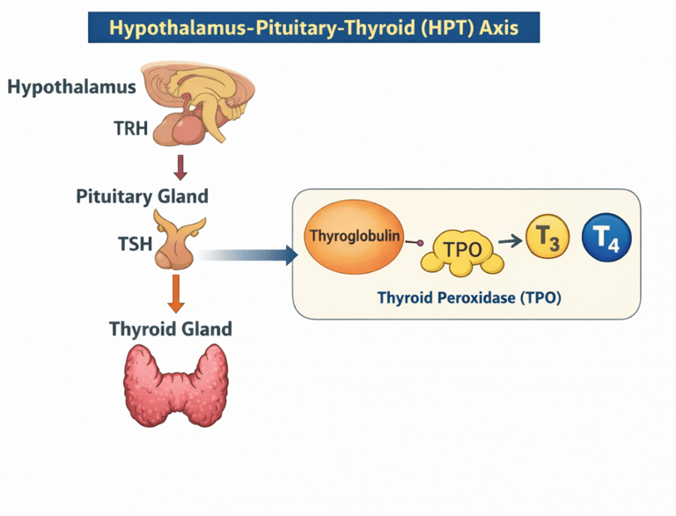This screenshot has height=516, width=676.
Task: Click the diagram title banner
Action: pyautogui.click(x=313, y=27)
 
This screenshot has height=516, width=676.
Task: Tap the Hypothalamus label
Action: pyautogui.click(x=71, y=87)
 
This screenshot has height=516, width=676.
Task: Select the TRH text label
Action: pyautogui.click(x=131, y=129)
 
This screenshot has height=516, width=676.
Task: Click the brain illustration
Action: pyautogui.click(x=195, y=101)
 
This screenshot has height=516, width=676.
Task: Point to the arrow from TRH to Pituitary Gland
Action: pyautogui.click(x=180, y=167)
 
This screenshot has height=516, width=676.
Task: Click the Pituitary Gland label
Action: pyautogui.click(x=142, y=195)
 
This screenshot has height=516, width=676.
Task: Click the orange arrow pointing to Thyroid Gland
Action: pyautogui.click(x=176, y=294)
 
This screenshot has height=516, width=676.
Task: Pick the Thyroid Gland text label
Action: pyautogui.click(x=171, y=329)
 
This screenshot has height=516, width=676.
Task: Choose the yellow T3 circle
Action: pyautogui.click(x=547, y=239)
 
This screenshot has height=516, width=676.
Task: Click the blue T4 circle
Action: pyautogui.click(x=606, y=237)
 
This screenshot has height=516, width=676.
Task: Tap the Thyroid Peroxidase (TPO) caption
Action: pyautogui.click(x=469, y=298)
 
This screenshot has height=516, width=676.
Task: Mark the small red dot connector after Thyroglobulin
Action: pyautogui.click(x=420, y=241)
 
